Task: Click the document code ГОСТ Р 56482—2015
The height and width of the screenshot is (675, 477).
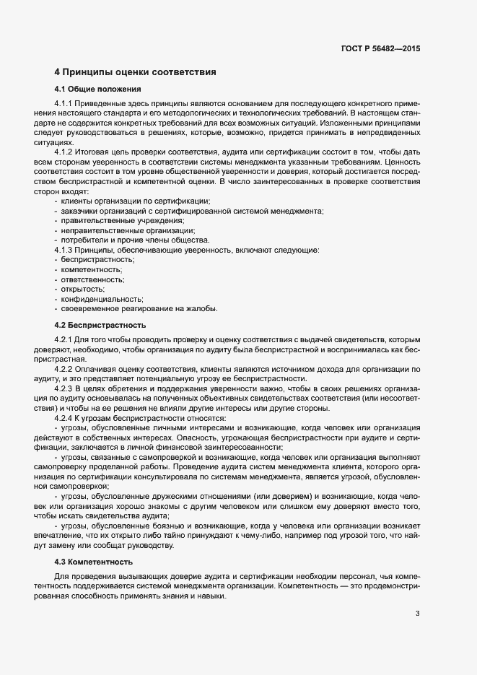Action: tap(380, 48)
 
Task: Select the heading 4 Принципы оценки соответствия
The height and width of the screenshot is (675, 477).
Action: tap(135, 72)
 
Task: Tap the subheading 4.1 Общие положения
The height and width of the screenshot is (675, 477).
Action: tap(97, 90)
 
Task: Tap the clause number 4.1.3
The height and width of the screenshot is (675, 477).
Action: tap(64, 250)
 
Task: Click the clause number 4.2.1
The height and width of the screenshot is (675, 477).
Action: tap(64, 339)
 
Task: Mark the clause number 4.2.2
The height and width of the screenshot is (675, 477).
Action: tap(64, 370)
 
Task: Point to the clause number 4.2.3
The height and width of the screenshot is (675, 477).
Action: tap(64, 389)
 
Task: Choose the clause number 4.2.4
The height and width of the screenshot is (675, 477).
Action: tap(64, 419)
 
